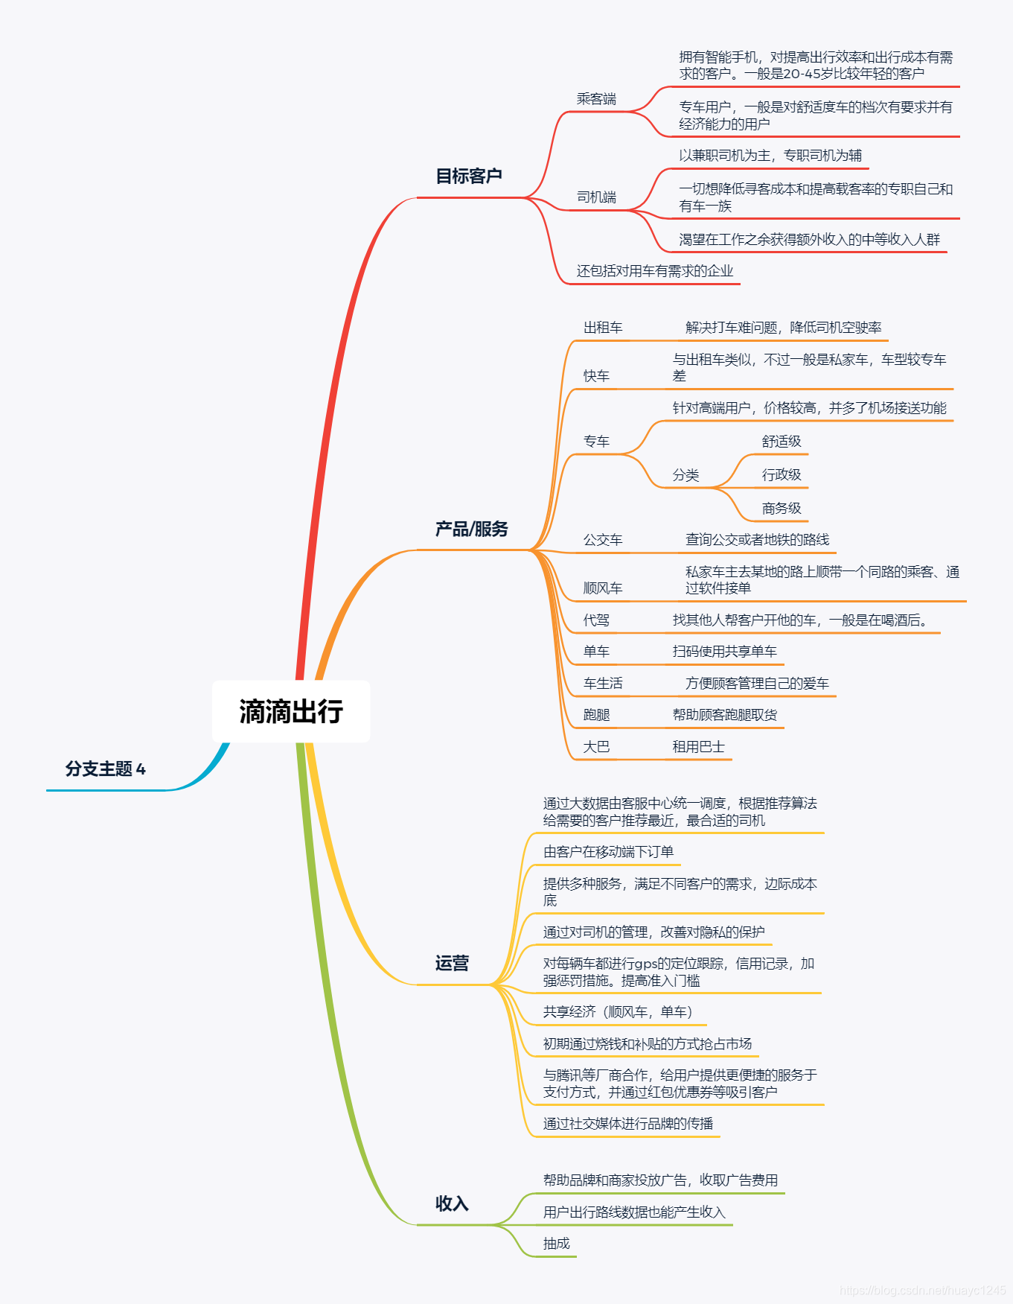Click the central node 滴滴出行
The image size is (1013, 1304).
pos(291,711)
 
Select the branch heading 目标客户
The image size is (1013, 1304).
pos(469,176)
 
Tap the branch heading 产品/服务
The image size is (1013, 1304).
pos(472,529)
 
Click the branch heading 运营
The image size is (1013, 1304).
pos(452,963)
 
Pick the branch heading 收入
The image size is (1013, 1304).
pos(452,1203)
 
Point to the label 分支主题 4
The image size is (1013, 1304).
pos(106,769)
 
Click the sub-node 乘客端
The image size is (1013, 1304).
pos(596,99)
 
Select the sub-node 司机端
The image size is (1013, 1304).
pos(596,197)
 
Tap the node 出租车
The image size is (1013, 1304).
pos(603,328)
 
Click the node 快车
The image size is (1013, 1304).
pos(596,376)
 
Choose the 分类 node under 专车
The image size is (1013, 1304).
pos(686,475)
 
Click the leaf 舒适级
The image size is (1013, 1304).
pos(782,442)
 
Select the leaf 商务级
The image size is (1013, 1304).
pos(782,509)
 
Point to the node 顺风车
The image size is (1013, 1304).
pos(603,588)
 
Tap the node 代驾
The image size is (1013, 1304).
pos(596,620)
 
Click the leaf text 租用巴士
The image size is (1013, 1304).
pos(698,747)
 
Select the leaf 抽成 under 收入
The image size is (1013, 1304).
pos(557,1244)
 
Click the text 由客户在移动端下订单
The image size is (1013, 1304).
pos(608,852)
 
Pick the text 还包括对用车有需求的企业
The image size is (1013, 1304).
pos(655,271)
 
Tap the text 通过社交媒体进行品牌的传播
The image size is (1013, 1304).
pos(628,1124)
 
